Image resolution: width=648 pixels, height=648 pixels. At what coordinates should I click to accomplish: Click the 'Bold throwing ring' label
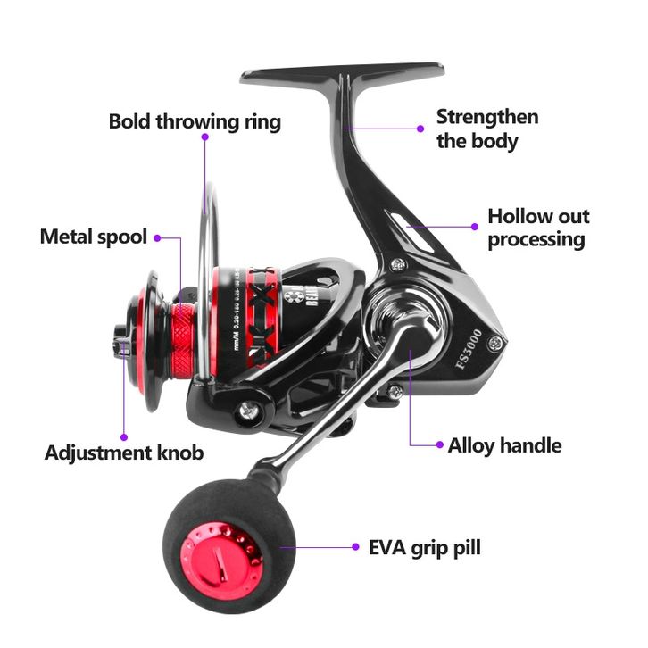195,121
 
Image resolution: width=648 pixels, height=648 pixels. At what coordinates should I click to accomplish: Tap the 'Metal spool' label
93,237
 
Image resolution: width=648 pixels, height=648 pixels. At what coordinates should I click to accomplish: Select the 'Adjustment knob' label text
124,453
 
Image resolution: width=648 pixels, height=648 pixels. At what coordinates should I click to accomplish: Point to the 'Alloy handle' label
505,444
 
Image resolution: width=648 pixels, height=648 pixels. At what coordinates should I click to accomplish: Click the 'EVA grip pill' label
424,547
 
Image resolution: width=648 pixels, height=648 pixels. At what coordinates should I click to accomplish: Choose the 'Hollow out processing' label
538,228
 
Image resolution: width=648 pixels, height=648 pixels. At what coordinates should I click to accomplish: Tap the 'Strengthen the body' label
486,129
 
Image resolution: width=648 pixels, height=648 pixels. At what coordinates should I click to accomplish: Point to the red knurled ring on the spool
184,337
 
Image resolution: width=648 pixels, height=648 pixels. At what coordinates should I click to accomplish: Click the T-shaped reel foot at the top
344,75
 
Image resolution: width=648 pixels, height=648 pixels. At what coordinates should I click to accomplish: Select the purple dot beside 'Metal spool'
157,238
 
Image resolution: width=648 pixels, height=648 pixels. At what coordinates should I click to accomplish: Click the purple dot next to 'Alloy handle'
437,444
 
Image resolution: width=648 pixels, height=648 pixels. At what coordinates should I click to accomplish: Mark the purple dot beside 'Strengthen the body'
420,128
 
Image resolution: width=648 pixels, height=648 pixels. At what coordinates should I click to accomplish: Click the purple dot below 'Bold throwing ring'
204,139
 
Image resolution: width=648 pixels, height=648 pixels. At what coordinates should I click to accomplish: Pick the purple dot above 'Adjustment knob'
124,436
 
